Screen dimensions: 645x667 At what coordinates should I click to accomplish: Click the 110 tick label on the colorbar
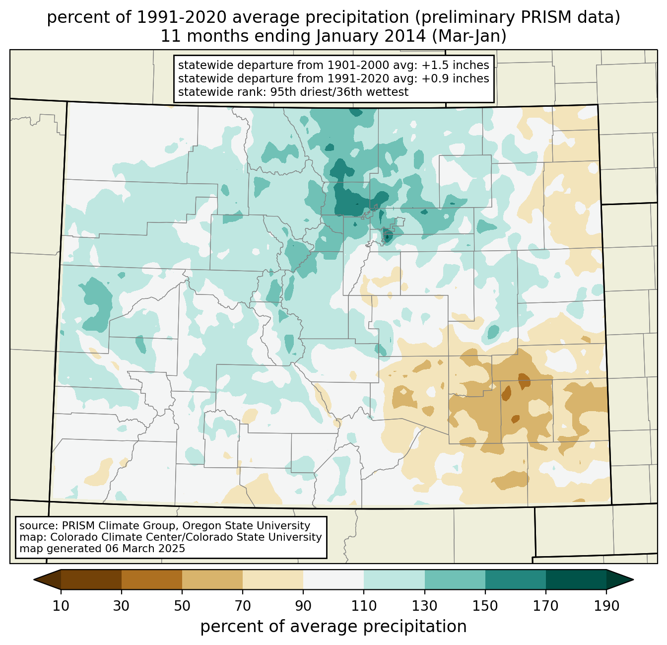coord(364,606)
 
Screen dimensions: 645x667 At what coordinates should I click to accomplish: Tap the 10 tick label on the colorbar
coord(61,606)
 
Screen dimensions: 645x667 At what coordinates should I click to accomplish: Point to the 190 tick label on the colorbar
coord(606,606)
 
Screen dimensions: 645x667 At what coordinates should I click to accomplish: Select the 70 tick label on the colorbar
coord(243,606)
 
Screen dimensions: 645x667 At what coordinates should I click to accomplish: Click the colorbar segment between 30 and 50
coord(152,579)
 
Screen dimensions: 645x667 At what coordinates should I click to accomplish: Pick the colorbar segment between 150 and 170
coord(516,579)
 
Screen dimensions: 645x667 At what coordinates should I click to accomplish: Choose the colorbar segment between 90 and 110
coord(333,579)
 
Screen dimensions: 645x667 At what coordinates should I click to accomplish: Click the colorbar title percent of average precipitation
coord(333,627)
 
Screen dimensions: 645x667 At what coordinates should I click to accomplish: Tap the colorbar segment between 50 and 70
coord(212,579)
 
